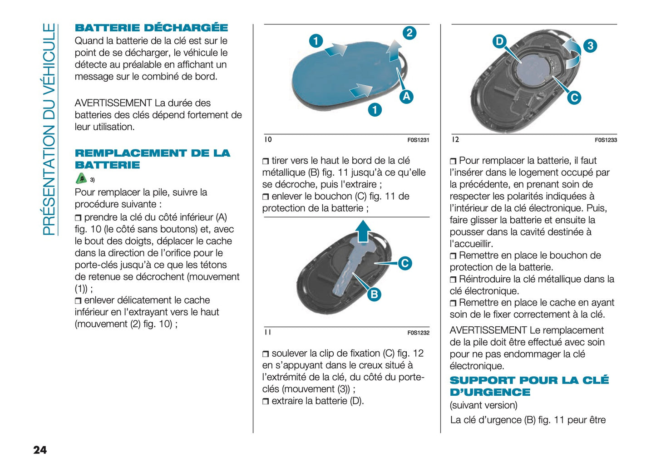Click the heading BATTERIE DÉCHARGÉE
[x=151, y=28]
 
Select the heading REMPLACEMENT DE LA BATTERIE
[x=152, y=159]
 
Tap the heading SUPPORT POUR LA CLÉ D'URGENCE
[x=529, y=386]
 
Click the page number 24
[x=40, y=450]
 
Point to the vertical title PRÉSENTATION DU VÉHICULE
[x=49, y=129]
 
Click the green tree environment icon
[x=81, y=178]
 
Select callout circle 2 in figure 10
[x=409, y=33]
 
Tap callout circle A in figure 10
[x=406, y=96]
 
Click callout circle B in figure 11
[x=374, y=294]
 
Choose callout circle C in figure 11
[x=404, y=263]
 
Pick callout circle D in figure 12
[x=499, y=42]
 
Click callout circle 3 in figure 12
[x=590, y=46]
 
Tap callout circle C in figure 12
[x=574, y=98]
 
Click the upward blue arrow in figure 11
[x=362, y=231]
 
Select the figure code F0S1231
[x=418, y=140]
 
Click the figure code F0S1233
[x=606, y=140]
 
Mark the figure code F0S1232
[x=418, y=333]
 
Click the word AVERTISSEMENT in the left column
[x=113, y=103]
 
